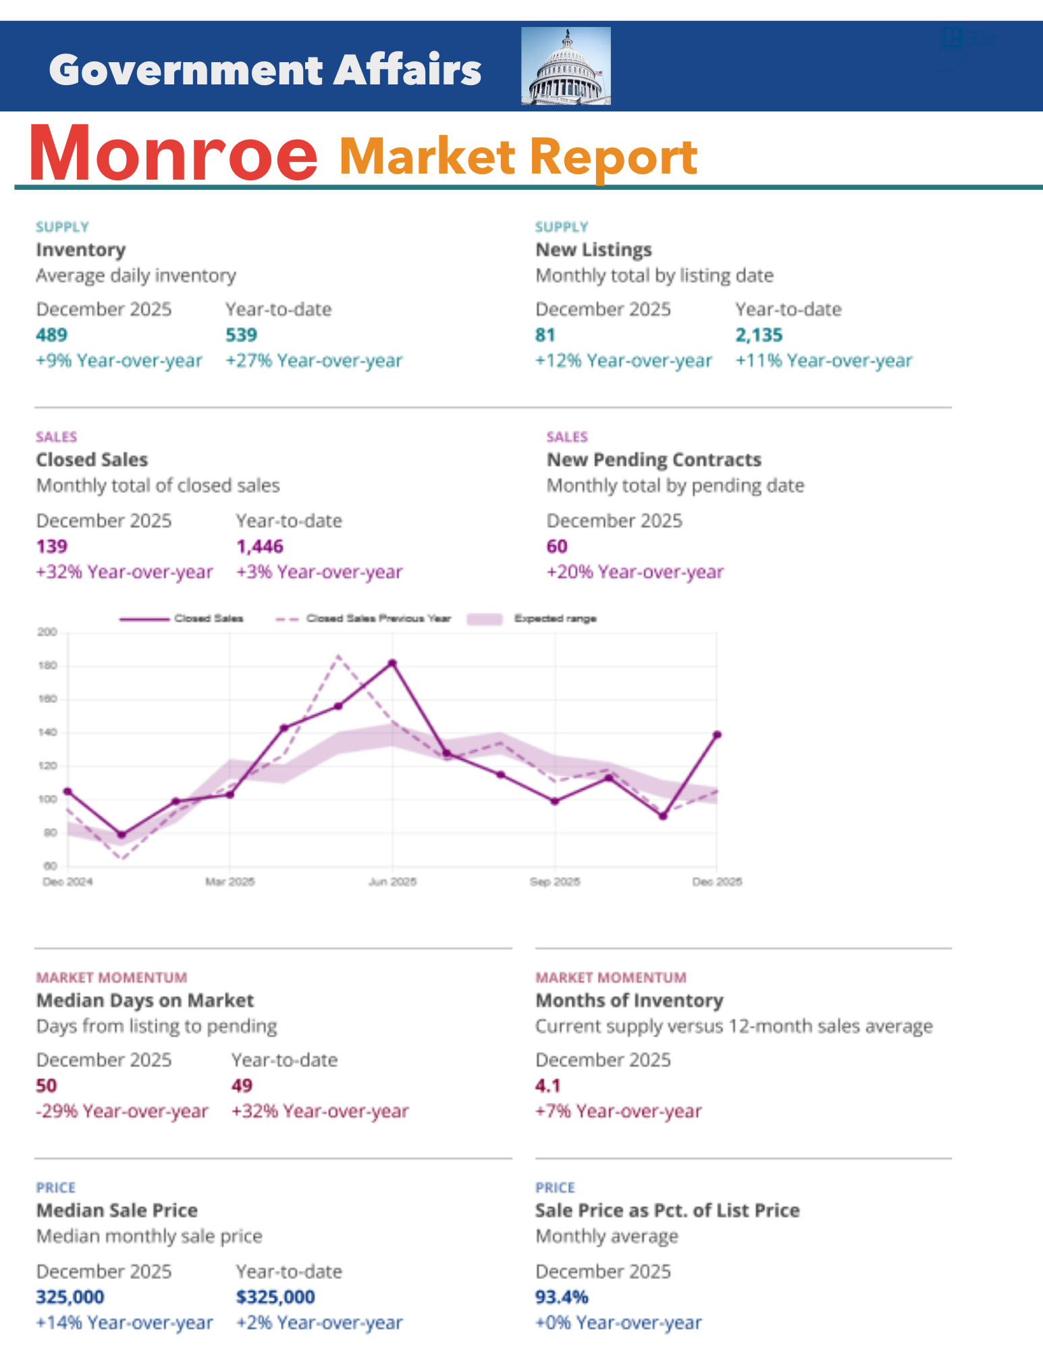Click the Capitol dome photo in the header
[566, 66]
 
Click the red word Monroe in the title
[173, 153]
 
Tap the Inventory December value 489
[52, 335]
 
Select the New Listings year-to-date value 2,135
[759, 335]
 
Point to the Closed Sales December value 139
[52, 546]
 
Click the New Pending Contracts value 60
[557, 546]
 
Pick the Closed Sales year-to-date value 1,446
[260, 546]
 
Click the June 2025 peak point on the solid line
[392, 663]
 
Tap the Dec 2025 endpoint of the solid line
[717, 735]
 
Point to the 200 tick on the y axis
[48, 632]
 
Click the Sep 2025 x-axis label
[555, 882]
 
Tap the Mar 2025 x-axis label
[230, 882]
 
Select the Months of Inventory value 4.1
[548, 1085]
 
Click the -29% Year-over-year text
[122, 1111]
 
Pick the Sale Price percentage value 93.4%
[562, 1297]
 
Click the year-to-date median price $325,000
[275, 1297]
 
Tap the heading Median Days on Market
[145, 1000]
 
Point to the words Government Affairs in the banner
[265, 70]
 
